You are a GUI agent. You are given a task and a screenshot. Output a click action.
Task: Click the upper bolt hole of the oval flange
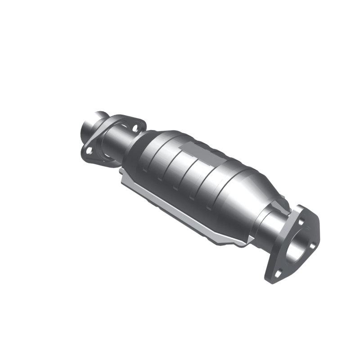pyautogui.click(x=135, y=128)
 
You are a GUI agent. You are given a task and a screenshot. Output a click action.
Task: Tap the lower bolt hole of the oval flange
pyautogui.click(x=89, y=151)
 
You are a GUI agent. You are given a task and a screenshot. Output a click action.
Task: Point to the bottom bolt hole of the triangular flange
pyautogui.click(x=278, y=273)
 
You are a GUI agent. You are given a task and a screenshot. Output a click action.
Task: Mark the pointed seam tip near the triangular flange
pyautogui.click(x=245, y=243)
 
